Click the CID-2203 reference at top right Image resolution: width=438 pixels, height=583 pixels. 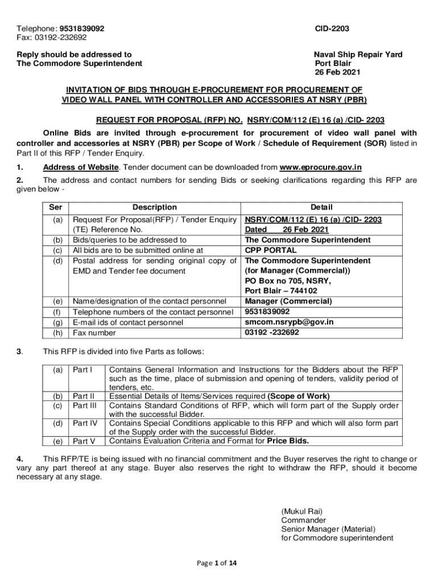tap(332, 28)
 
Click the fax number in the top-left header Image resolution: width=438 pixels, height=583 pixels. tap(52, 38)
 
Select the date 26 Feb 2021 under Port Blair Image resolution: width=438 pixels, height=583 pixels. tap(338, 72)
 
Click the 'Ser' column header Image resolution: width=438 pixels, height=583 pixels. tap(56, 207)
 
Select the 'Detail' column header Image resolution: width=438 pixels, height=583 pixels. tap(321, 207)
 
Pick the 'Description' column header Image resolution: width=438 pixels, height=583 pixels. tap(155, 207)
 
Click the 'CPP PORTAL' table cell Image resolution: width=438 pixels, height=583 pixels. tap(270, 250)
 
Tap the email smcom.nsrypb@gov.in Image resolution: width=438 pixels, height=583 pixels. tap(289, 322)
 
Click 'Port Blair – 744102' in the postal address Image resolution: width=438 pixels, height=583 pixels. tap(281, 291)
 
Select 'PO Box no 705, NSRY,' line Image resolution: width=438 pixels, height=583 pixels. tap(288, 281)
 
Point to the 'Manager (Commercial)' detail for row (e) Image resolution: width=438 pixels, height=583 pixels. tap(288, 301)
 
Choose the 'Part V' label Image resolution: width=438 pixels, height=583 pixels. tap(84, 441)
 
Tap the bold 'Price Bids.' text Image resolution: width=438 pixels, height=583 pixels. tap(288, 441)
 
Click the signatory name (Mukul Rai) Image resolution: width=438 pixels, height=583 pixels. tap(302, 511)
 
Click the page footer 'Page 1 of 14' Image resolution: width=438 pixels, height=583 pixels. tap(218, 563)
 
